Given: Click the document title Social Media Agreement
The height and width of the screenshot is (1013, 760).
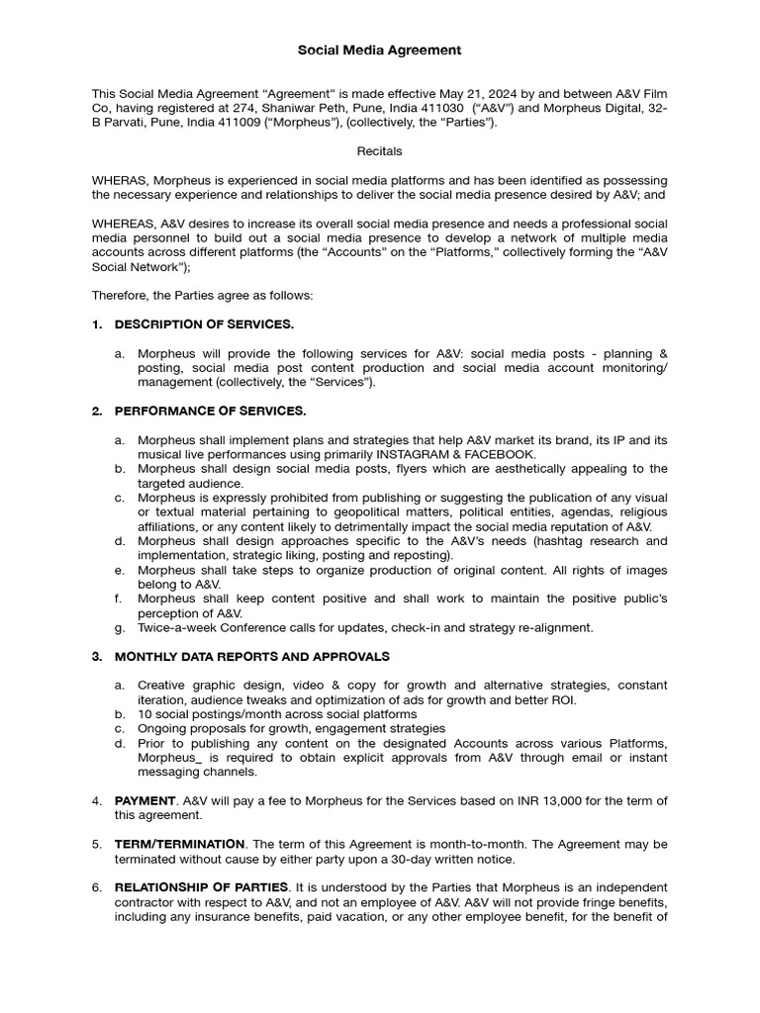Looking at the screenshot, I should [380, 49].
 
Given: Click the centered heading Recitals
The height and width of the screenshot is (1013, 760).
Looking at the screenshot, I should [379, 151].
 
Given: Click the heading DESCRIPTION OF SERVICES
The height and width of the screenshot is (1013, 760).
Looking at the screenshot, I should [204, 324].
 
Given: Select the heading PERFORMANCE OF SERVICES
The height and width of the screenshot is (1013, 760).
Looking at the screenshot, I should [210, 411].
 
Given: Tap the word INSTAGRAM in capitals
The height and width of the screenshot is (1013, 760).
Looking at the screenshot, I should [438, 453].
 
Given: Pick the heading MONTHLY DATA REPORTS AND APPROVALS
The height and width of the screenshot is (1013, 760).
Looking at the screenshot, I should [251, 656].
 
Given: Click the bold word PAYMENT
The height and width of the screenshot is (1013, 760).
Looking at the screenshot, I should [145, 800].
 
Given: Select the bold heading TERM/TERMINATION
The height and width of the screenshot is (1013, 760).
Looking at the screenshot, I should [180, 844].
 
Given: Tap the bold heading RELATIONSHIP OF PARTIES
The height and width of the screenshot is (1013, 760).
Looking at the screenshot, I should [202, 886].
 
